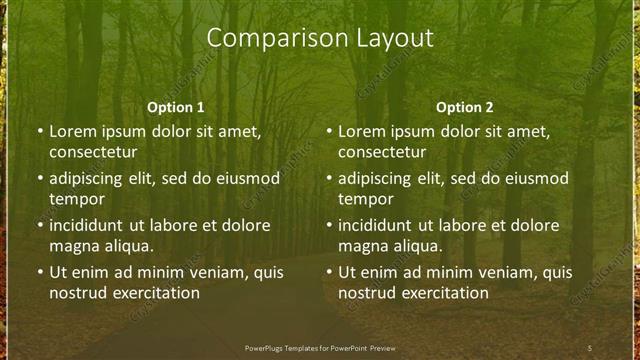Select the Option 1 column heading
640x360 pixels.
pyautogui.click(x=176, y=107)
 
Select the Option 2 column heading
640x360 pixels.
pyautogui.click(x=465, y=107)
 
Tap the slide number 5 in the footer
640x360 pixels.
pyautogui.click(x=590, y=347)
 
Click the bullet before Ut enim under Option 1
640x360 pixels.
pyautogui.click(x=39, y=272)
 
